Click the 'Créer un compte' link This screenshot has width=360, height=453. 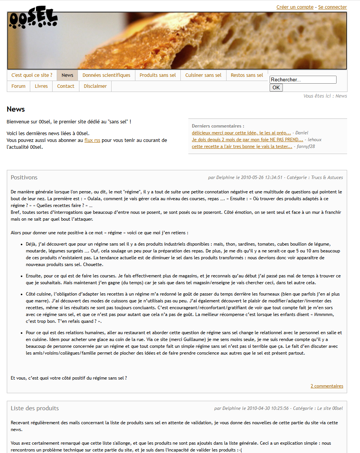pyautogui.click(x=295, y=7)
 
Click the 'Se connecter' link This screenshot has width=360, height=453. pyautogui.click(x=332, y=7)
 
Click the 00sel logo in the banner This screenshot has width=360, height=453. pyautogui.click(x=33, y=20)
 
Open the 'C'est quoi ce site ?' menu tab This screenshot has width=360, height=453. pyautogui.click(x=32, y=75)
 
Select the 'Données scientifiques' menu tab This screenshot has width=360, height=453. pyautogui.click(x=106, y=75)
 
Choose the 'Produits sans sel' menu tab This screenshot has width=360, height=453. pyautogui.click(x=157, y=75)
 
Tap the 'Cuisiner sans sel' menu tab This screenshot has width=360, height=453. pyautogui.click(x=203, y=75)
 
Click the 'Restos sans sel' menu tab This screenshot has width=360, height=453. pyautogui.click(x=247, y=75)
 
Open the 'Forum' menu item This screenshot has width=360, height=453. pyautogui.click(x=18, y=86)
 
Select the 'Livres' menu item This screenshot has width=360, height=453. pyautogui.click(x=41, y=86)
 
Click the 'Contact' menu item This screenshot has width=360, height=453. pyautogui.click(x=65, y=86)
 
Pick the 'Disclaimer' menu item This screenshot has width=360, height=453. pyautogui.click(x=95, y=86)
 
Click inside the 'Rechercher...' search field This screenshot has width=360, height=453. pyautogui.click(x=303, y=80)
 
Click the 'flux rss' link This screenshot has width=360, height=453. pyautogui.click(x=92, y=140)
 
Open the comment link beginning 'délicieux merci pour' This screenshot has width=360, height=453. pyautogui.click(x=241, y=133)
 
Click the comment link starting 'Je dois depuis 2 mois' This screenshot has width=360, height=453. pyautogui.click(x=247, y=140)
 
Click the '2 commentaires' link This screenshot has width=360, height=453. pyautogui.click(x=327, y=386)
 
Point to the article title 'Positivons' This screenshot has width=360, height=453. pyautogui.click(x=24, y=177)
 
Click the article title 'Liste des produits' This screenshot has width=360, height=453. pyautogui.click(x=34, y=408)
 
